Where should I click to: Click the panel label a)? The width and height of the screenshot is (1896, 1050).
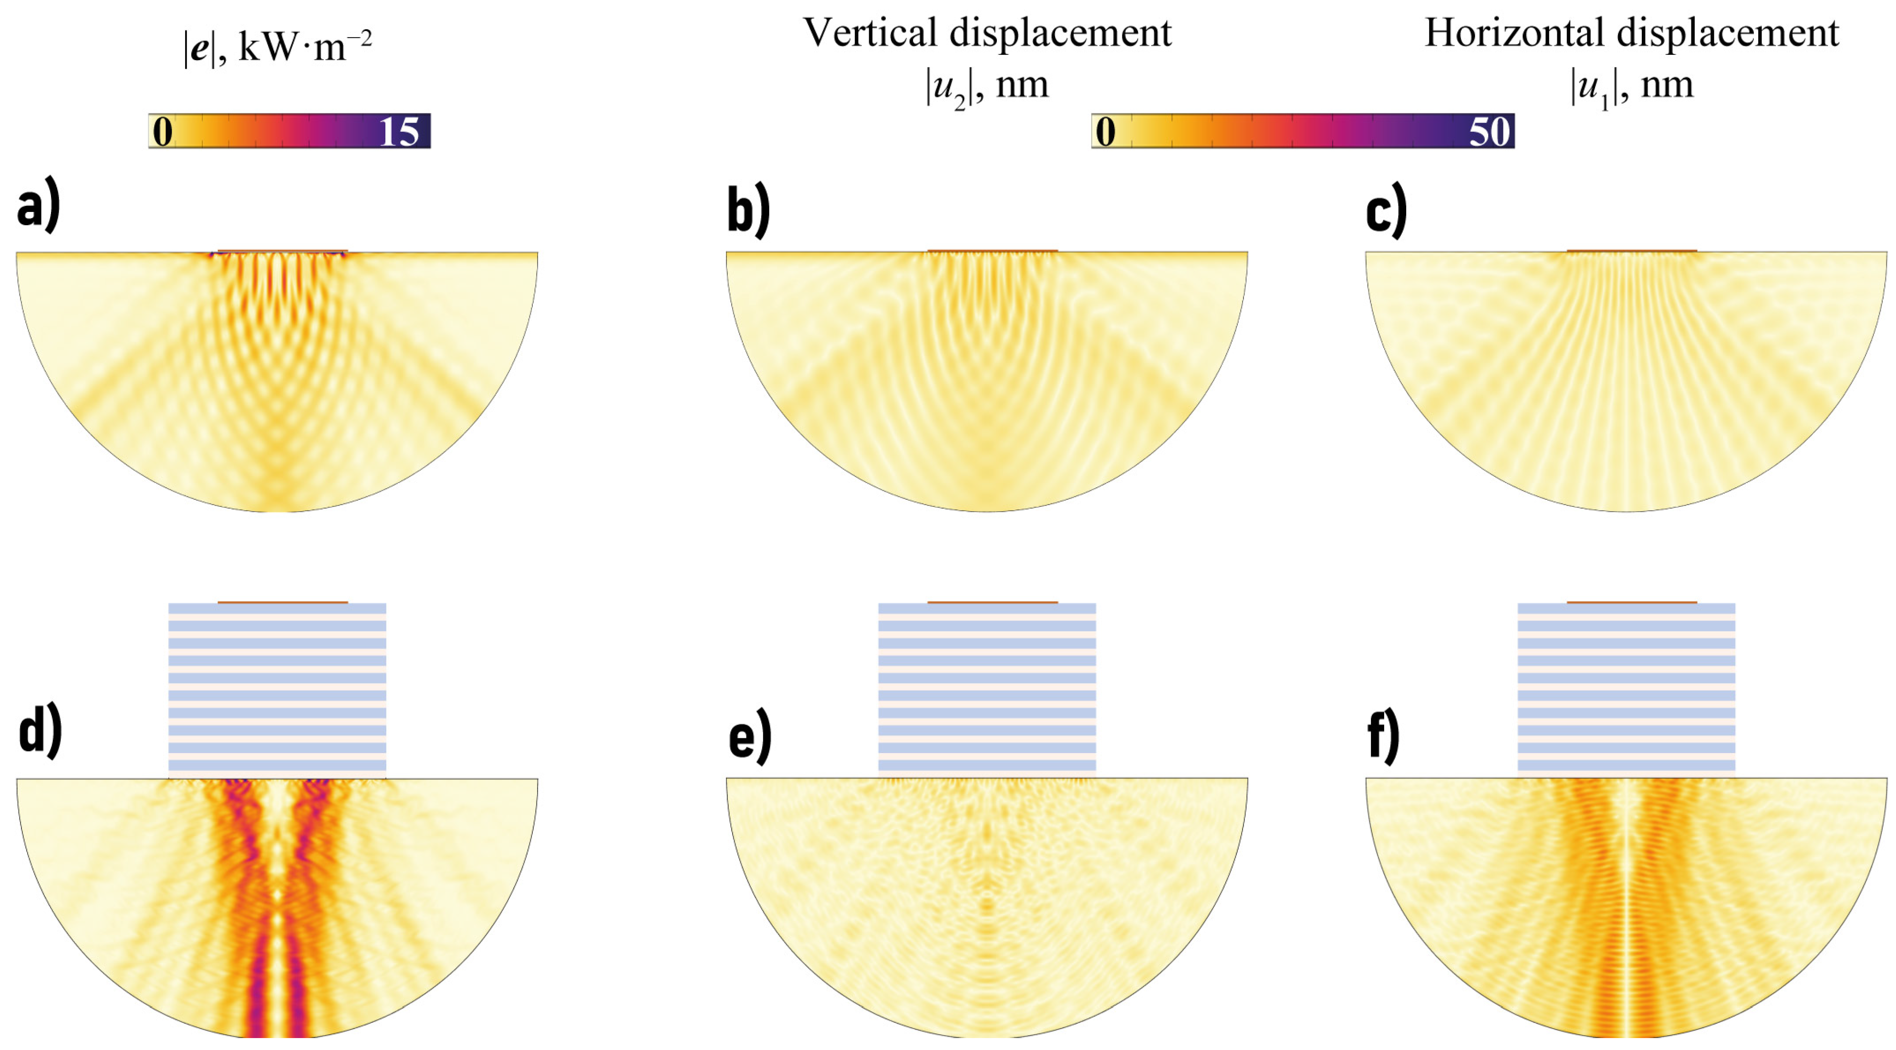tap(38, 209)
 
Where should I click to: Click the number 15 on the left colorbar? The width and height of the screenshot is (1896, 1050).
tap(398, 132)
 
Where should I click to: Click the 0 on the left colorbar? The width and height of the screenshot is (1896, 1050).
tap(163, 132)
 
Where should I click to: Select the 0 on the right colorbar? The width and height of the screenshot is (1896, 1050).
tap(1105, 132)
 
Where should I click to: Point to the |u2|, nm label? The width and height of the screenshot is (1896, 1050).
tap(986, 87)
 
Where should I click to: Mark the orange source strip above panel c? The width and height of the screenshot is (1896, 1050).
tap(1632, 251)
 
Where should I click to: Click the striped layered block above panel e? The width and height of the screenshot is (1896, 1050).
tap(987, 688)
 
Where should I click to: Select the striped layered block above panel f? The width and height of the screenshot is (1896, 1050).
tap(1627, 688)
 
